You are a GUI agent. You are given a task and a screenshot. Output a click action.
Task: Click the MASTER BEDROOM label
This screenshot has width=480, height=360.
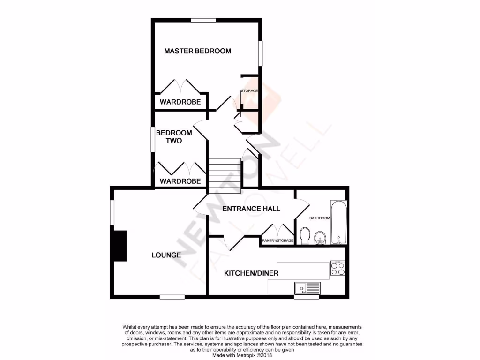(x=197, y=51)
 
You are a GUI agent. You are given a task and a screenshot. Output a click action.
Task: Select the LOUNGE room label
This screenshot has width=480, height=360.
(x=166, y=255)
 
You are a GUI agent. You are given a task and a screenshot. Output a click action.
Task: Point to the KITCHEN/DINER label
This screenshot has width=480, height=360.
(x=251, y=273)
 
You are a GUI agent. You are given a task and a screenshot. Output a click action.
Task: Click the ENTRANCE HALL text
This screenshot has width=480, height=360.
(x=251, y=209)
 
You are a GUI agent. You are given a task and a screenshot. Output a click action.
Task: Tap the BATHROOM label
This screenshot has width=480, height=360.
(x=320, y=218)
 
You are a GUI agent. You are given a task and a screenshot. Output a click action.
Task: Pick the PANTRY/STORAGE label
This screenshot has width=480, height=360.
(x=278, y=241)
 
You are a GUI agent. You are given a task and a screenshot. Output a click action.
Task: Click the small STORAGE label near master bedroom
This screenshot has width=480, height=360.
(x=249, y=90)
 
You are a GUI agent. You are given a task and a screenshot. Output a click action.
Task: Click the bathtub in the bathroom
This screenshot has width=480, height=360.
(x=338, y=223)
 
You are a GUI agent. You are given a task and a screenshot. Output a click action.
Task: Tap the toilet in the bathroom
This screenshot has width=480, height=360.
(x=305, y=236)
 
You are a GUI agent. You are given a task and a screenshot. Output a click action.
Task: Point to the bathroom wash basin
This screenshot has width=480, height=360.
(x=320, y=238)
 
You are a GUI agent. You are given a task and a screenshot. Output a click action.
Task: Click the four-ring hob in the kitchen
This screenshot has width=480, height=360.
(x=338, y=268)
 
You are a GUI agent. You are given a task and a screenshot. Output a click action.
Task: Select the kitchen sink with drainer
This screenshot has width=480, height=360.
(x=307, y=287)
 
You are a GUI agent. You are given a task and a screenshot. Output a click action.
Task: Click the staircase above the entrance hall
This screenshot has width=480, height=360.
(x=225, y=176)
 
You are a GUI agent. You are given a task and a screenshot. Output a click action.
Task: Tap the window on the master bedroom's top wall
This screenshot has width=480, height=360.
(x=203, y=20)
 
